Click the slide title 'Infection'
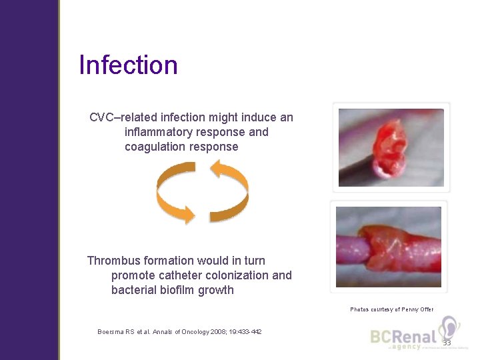pyautogui.click(x=128, y=65)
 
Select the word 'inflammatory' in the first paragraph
pyautogui.click(x=159, y=132)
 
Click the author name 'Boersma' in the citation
pyautogui.click(x=112, y=332)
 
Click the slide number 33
pyautogui.click(x=446, y=343)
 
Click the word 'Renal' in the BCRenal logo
pyautogui.click(x=415, y=337)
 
